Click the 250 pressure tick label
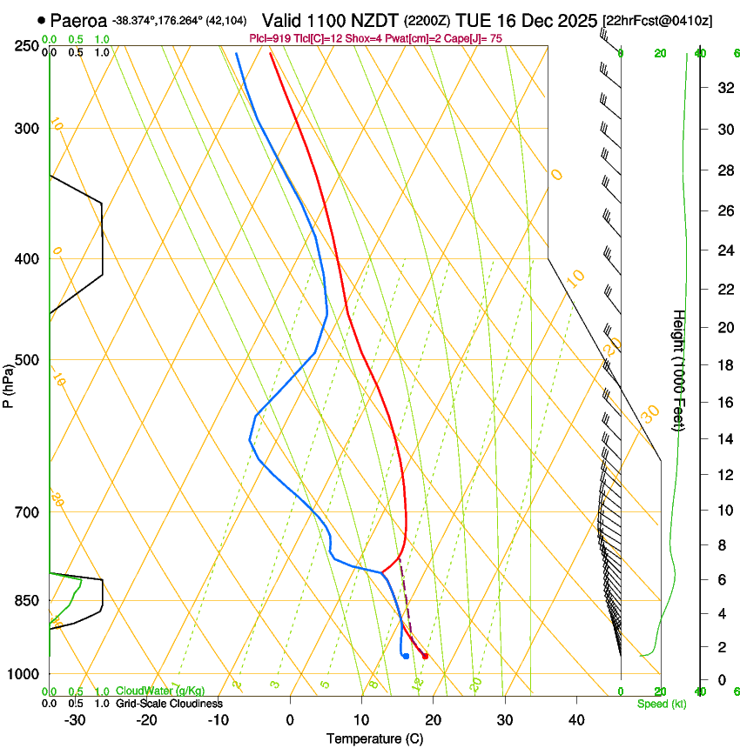tap(28, 45)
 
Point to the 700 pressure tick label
tap(28, 512)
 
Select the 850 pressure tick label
tap(28, 600)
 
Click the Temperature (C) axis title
tap(374, 738)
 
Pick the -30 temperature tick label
tap(74, 719)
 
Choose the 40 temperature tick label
tap(575, 719)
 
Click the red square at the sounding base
tap(425, 656)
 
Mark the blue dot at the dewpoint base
tap(406, 656)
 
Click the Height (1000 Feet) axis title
tap(678, 370)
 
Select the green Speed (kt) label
tap(662, 704)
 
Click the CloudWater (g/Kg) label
tap(161, 691)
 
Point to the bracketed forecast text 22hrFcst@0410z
tap(657, 20)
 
